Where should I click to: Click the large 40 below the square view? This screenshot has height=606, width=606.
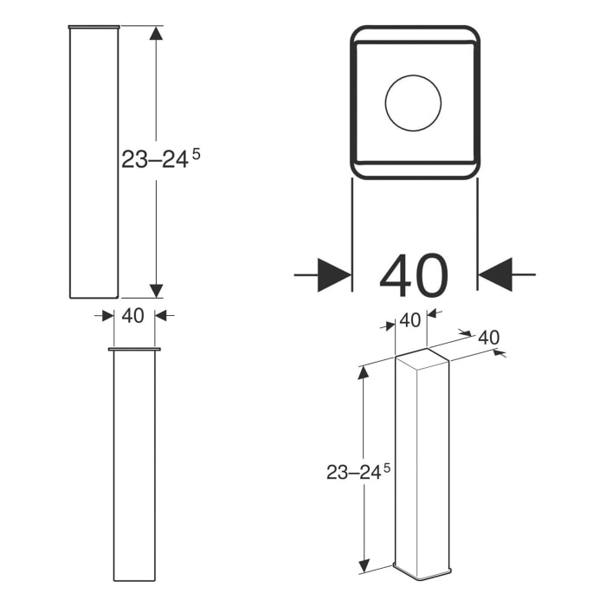coord(414,275)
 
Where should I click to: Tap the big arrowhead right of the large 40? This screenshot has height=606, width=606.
coord(495,274)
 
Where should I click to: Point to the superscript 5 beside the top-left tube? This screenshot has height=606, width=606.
coord(196,152)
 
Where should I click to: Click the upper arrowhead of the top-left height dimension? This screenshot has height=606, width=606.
coord(156,34)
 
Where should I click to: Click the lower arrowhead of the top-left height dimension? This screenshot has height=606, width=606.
coord(156,290)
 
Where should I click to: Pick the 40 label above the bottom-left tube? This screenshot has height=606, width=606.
coord(133,316)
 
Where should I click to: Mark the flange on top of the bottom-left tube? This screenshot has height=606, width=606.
coord(134,350)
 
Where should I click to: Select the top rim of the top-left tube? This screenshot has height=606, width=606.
coord(93,27)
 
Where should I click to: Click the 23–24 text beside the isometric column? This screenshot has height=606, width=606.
coord(353,473)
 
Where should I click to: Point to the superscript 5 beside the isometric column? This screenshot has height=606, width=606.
coord(387,467)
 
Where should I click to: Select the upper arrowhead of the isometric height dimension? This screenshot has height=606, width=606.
coord(364,373)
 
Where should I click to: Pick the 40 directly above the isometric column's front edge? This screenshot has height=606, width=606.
coord(409,320)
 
